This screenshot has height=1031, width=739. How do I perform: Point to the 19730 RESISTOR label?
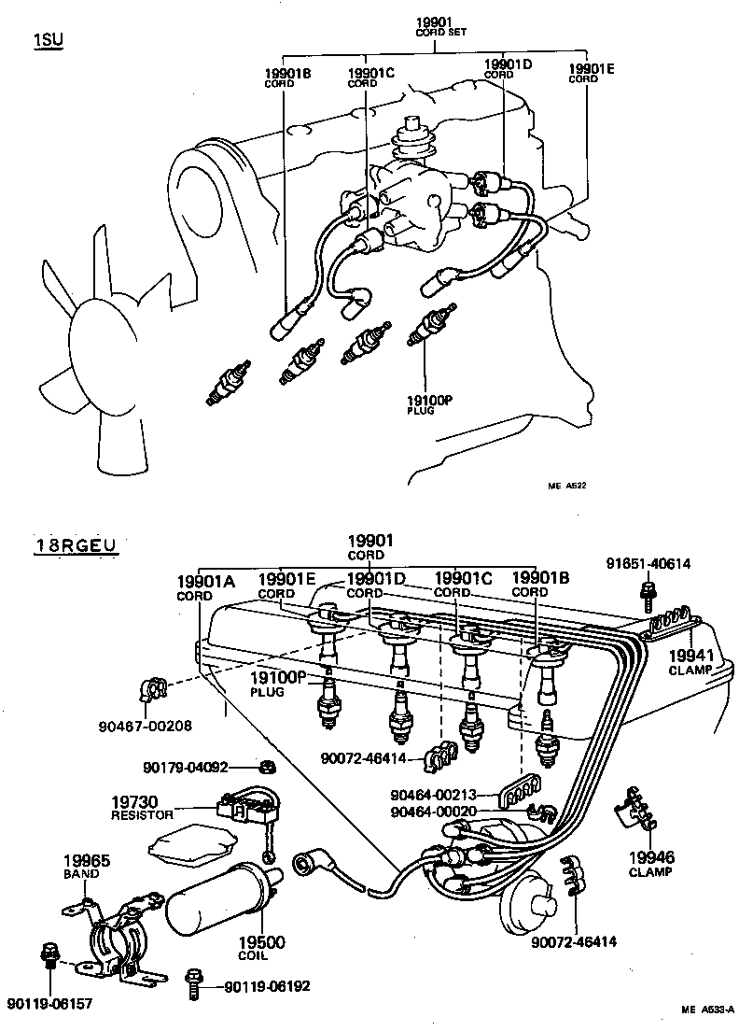point(142,808)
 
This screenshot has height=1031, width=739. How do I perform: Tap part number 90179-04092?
point(185,768)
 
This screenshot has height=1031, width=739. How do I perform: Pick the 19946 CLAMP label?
point(650,863)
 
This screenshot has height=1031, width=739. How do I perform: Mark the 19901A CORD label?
point(202,587)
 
